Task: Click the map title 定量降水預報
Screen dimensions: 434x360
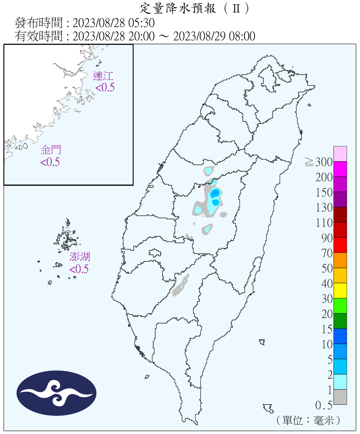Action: [x=178, y=8]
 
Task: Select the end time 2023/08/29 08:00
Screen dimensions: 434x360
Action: [x=214, y=36]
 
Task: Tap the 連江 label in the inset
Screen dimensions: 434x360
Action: [x=103, y=76]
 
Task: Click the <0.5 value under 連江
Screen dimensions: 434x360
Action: [x=105, y=87]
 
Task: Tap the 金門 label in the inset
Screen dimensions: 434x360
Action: [x=51, y=150]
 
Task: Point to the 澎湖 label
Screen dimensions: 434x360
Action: [x=80, y=257]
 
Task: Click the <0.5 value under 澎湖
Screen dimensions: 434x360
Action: [x=79, y=269]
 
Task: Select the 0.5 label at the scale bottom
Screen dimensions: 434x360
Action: [x=324, y=405]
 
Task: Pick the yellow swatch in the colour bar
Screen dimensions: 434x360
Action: [x=340, y=290]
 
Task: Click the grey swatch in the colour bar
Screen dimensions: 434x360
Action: [x=340, y=397]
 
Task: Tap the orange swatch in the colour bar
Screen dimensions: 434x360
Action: [x=340, y=260]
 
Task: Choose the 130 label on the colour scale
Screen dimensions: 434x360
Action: [x=324, y=207]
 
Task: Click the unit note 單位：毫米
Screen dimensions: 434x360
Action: [x=308, y=420]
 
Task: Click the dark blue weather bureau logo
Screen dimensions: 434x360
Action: [x=56, y=393]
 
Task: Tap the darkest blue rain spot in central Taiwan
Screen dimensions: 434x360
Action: [x=215, y=193]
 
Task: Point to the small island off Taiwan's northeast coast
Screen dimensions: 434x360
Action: [x=309, y=105]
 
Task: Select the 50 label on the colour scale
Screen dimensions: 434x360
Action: [x=327, y=268]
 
